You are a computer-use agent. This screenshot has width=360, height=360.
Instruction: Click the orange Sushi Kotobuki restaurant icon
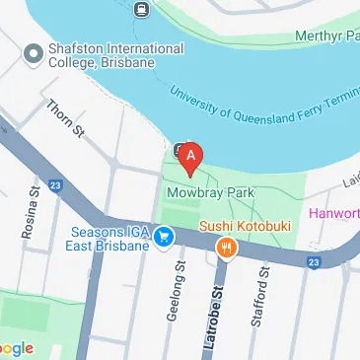[x=226, y=248]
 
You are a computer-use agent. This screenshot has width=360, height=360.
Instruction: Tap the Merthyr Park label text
[x=327, y=36]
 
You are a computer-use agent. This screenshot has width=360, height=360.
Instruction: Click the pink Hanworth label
[x=334, y=212]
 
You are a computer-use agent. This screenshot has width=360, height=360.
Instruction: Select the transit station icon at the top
[x=139, y=11]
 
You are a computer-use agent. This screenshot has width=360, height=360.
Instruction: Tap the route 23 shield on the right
[x=313, y=261]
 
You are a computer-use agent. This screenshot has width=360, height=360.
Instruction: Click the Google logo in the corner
[x=16, y=347]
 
